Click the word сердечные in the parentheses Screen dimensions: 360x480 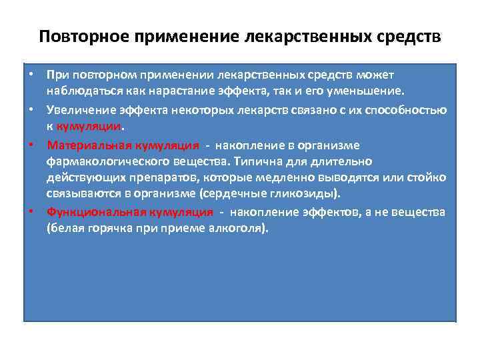click(x=250, y=194)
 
